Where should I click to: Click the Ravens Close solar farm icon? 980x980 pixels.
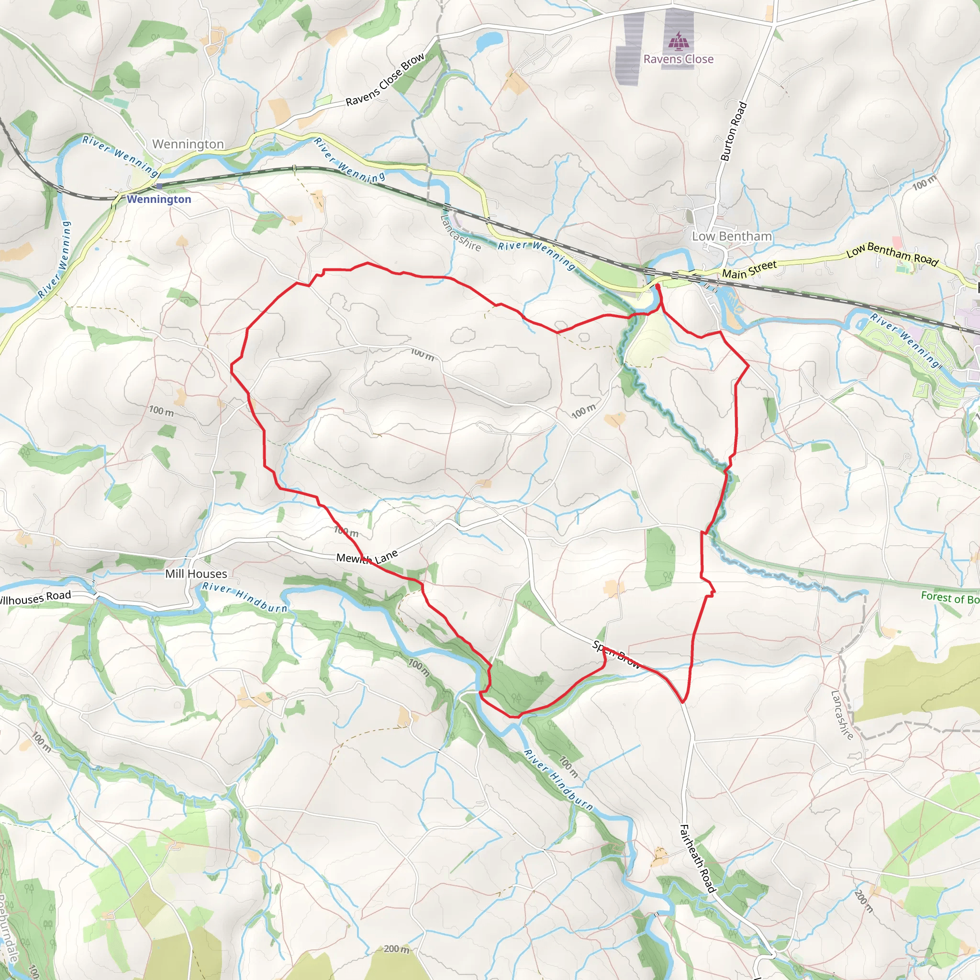click(678, 40)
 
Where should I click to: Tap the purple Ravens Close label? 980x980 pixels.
click(678, 59)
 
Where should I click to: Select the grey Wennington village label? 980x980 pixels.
click(188, 144)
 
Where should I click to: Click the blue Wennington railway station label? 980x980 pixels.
click(159, 199)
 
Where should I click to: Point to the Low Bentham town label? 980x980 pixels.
click(732, 236)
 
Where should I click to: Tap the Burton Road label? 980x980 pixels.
click(734, 132)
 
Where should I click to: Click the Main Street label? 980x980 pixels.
click(749, 269)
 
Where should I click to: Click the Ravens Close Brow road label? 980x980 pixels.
click(385, 79)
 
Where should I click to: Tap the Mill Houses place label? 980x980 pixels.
click(196, 574)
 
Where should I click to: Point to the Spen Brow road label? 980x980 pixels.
click(616, 654)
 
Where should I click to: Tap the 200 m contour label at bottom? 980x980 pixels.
click(396, 948)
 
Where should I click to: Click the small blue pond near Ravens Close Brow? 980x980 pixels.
click(489, 39)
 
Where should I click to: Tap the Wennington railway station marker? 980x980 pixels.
click(159, 186)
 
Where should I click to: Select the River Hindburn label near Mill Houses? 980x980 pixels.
click(245, 597)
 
